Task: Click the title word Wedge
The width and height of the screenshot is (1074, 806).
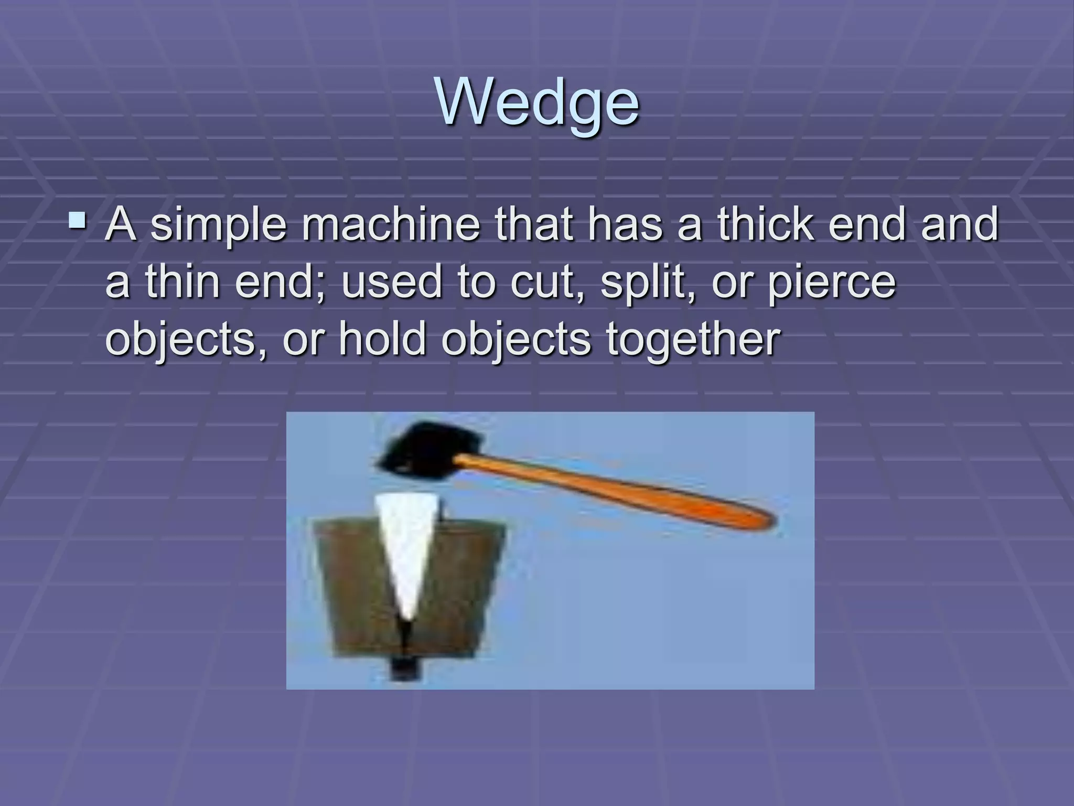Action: [x=537, y=102]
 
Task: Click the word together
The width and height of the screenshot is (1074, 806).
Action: [x=693, y=340]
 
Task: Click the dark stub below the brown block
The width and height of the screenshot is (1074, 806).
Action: [x=402, y=669]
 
